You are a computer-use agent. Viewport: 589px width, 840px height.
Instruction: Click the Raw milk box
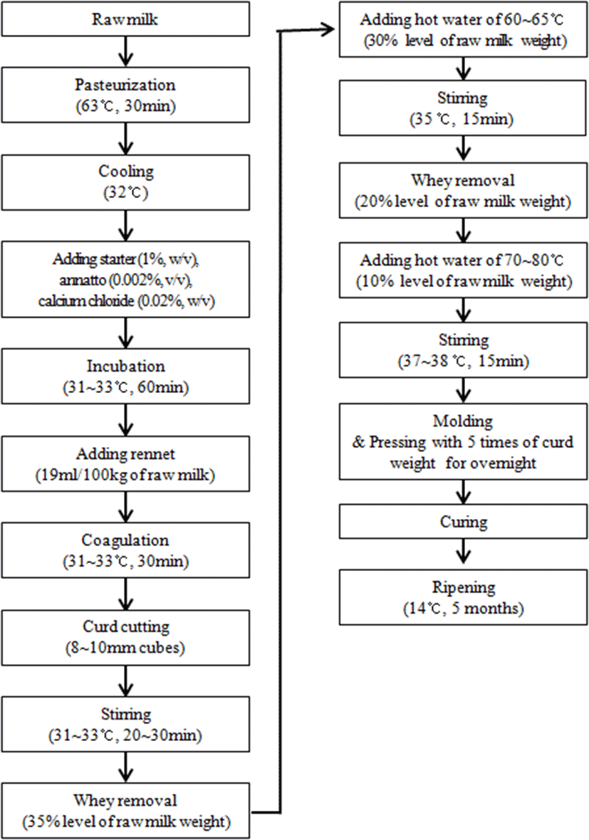(x=125, y=19)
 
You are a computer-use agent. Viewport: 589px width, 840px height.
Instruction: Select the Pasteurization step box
(x=125, y=95)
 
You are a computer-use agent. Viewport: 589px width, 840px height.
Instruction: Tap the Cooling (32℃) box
(x=125, y=182)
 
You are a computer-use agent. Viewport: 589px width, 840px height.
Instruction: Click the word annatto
(x=83, y=280)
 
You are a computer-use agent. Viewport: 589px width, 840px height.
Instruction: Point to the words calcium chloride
(x=86, y=301)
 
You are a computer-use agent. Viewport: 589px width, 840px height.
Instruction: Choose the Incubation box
(x=125, y=376)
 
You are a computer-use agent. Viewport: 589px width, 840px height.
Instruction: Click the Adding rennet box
(x=125, y=463)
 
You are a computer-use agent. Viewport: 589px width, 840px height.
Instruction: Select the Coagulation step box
(x=125, y=550)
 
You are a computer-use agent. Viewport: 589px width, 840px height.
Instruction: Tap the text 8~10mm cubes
(x=125, y=649)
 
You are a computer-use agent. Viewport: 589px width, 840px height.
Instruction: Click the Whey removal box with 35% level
(x=125, y=811)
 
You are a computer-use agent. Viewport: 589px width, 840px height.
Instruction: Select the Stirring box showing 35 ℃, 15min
(x=463, y=107)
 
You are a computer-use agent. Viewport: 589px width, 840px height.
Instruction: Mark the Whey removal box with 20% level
(x=463, y=190)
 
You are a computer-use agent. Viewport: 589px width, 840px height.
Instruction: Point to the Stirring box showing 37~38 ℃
(x=463, y=350)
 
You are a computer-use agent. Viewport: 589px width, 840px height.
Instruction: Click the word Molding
(x=462, y=421)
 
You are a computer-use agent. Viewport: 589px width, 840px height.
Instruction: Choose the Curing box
(x=463, y=522)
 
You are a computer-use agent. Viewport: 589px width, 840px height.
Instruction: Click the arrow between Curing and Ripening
(x=463, y=551)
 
